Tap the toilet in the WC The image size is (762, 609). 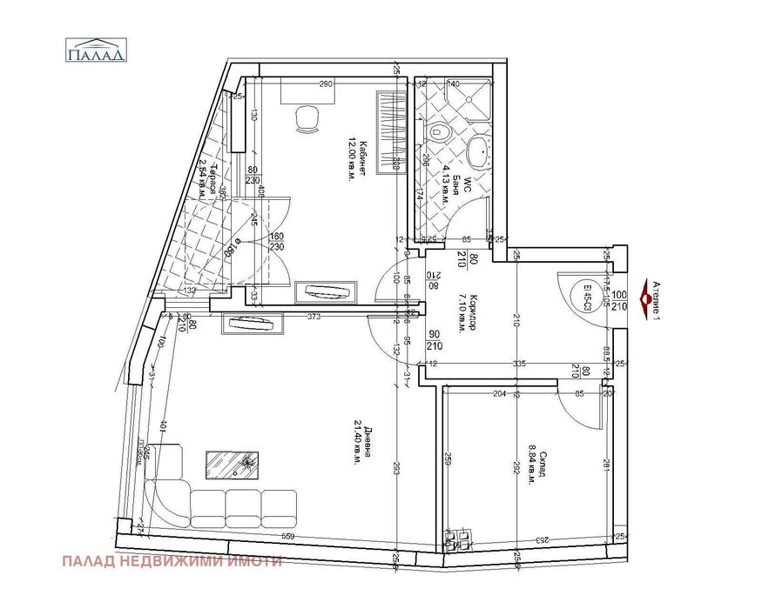coord(440,132)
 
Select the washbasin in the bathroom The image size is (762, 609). coord(477,152)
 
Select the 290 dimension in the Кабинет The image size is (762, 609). coord(327,84)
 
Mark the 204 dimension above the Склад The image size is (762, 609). coord(499,394)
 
